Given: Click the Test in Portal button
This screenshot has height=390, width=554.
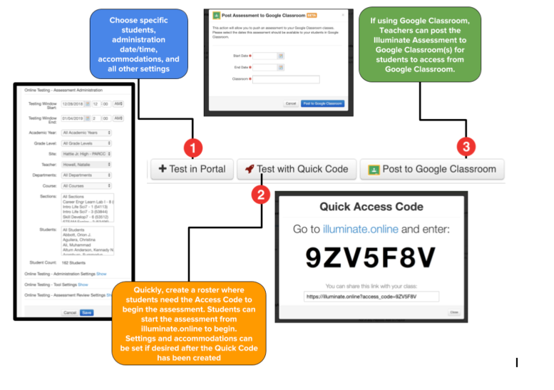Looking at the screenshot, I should click(x=193, y=169).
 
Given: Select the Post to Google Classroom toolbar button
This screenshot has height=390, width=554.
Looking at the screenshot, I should click(x=431, y=169).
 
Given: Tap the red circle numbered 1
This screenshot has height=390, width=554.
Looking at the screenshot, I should click(x=193, y=148).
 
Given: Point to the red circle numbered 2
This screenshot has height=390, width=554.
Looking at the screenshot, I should click(x=261, y=193).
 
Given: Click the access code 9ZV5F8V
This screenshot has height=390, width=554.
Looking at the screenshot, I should click(x=371, y=257).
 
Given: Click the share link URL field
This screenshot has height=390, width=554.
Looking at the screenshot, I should click(x=371, y=296).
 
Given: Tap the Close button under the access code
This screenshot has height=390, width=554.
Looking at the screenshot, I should click(x=453, y=312).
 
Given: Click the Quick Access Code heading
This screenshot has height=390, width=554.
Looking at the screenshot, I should click(x=371, y=207).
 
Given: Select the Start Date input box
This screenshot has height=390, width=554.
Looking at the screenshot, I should click(x=265, y=55).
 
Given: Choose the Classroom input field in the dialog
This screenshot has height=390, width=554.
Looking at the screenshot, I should click(x=286, y=79).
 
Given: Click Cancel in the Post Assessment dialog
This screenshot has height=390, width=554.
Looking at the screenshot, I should click(x=290, y=103).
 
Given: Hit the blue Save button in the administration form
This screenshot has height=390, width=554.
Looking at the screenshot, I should click(x=86, y=312).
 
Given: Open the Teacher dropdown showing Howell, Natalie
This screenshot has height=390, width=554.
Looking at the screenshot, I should click(x=86, y=163).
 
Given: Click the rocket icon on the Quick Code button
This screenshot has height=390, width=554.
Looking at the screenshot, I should click(x=249, y=169).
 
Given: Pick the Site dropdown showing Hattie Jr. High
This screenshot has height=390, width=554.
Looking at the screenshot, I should click(x=86, y=153).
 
